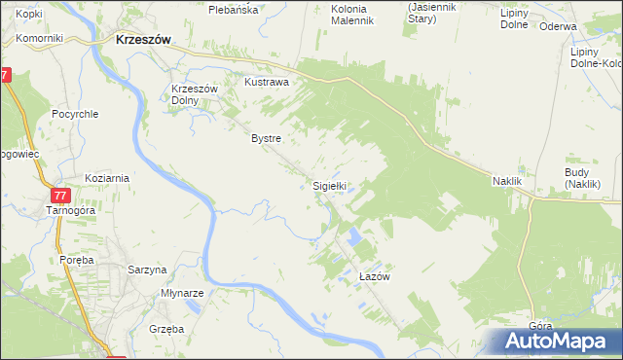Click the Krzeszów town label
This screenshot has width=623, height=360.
click(x=143, y=41)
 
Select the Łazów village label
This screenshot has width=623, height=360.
click(x=374, y=276)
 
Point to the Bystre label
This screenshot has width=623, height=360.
click(x=266, y=138)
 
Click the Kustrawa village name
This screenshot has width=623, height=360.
click(x=267, y=83)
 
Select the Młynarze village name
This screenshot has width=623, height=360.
click(x=181, y=293)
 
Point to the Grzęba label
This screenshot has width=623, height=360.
click(x=167, y=329)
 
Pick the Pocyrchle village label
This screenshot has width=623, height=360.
click(x=76, y=113)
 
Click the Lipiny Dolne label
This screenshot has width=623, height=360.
click(x=514, y=18)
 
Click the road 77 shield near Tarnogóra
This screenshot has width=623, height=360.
click(x=61, y=195)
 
